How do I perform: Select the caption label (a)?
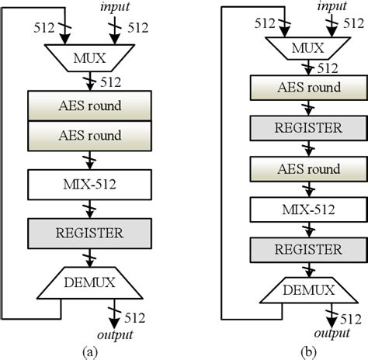[x=92, y=351]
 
